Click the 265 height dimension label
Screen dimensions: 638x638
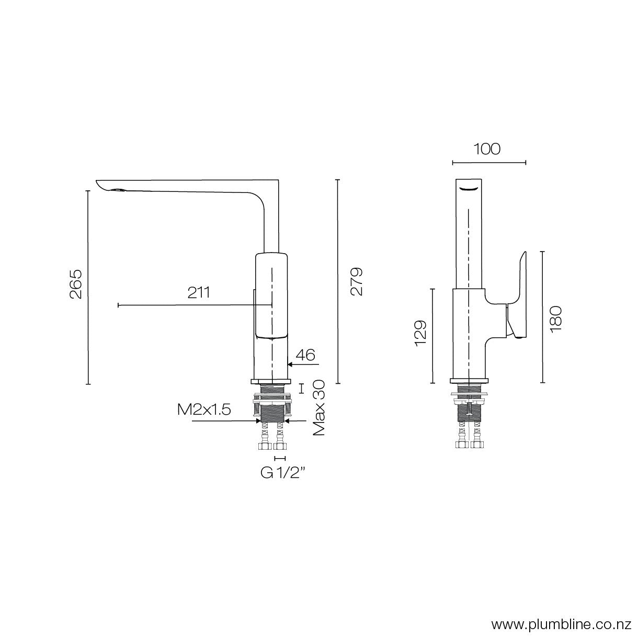click(x=76, y=284)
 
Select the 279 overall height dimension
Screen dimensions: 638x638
click(x=357, y=282)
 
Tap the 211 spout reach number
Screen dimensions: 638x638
click(x=199, y=292)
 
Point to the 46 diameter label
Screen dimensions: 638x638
click(x=308, y=355)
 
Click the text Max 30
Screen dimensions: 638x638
click(x=320, y=408)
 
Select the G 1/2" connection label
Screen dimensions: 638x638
click(x=283, y=473)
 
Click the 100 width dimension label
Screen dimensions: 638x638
click(x=487, y=149)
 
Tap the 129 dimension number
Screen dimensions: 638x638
click(x=420, y=334)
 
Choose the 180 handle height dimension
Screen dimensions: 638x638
click(x=555, y=317)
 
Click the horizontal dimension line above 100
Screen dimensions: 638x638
click(x=488, y=163)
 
